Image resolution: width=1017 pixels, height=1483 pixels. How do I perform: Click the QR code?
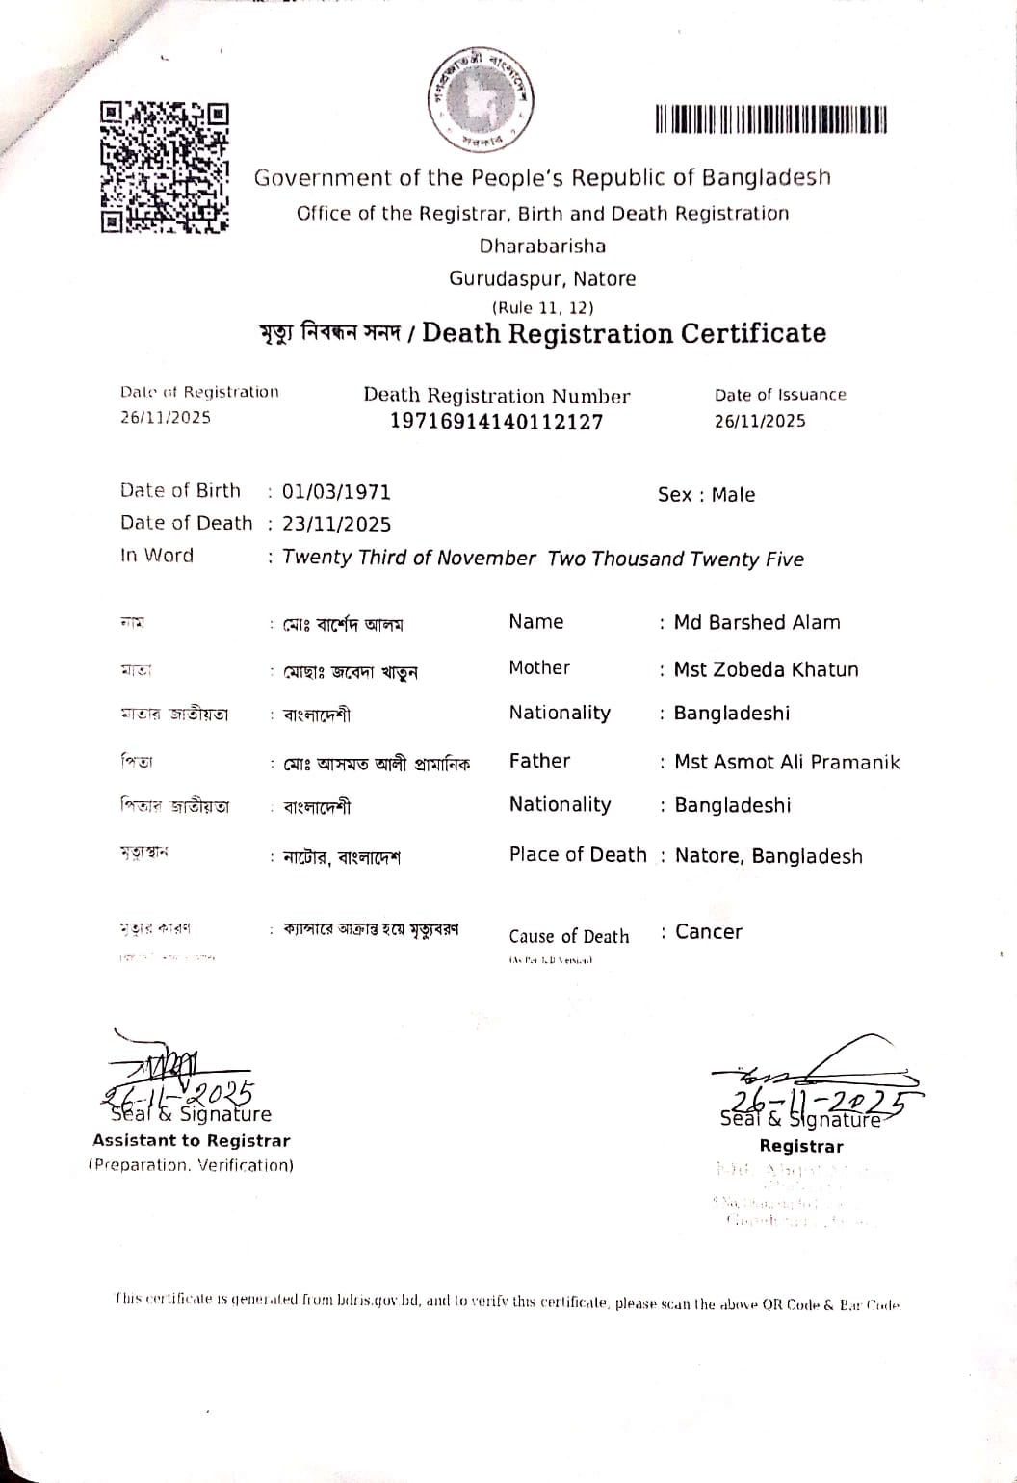tap(165, 168)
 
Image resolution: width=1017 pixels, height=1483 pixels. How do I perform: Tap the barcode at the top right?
tap(770, 119)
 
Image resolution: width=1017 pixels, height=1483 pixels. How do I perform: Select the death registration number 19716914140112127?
tap(496, 422)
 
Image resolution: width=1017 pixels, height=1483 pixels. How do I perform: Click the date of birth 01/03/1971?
tap(336, 492)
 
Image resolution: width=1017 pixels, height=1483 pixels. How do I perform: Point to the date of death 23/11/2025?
tap(336, 524)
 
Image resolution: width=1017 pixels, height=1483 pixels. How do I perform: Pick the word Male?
tap(733, 495)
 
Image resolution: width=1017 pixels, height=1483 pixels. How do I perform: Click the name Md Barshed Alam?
tap(756, 623)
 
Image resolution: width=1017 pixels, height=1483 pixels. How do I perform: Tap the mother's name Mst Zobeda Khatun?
tap(766, 669)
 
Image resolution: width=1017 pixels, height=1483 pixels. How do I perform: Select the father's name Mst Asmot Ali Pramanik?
tap(787, 763)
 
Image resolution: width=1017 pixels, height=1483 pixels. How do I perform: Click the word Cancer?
tap(709, 932)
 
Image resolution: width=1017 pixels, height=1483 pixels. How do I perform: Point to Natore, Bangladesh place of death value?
tap(769, 856)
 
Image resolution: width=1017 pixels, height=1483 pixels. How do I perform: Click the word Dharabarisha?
tap(542, 246)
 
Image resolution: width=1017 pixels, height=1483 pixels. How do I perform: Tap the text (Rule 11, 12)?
tap(542, 308)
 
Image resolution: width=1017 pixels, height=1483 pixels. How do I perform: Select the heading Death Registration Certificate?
tap(624, 333)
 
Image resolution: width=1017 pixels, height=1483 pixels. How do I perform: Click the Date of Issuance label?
tap(780, 395)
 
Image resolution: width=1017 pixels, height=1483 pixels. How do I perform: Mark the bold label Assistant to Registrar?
tap(191, 1141)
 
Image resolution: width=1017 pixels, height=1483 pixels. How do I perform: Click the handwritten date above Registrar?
tap(817, 1101)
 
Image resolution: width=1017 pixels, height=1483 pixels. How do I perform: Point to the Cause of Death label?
tap(568, 937)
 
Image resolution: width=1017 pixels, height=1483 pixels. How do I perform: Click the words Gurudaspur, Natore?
tap(542, 279)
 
